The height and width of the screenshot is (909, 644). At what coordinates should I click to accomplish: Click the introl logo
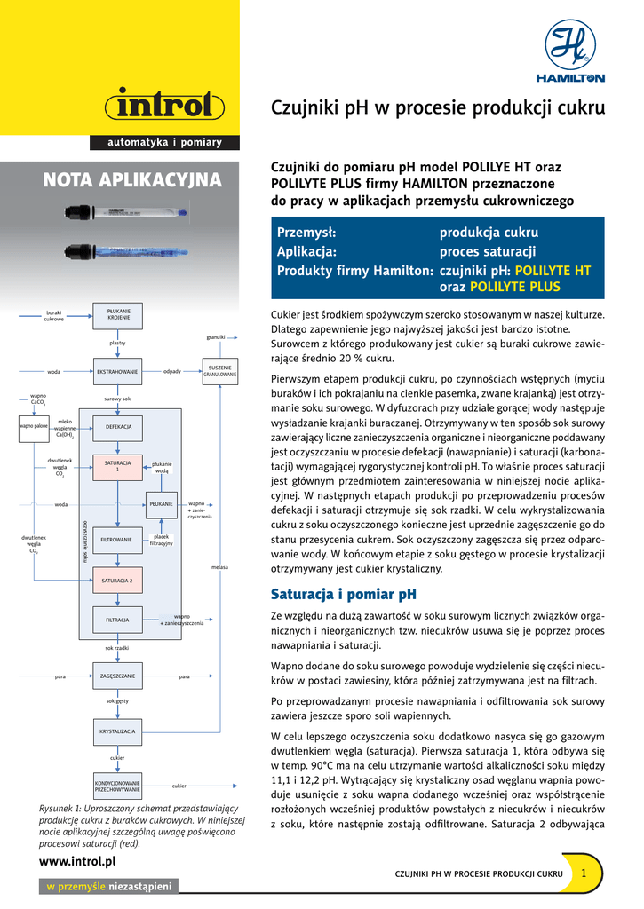(164, 107)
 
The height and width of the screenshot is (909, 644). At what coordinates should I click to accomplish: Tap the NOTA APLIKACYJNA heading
(132, 181)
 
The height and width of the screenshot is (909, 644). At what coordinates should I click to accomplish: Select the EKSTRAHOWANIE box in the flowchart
(117, 371)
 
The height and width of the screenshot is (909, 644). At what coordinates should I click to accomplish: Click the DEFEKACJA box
(118, 427)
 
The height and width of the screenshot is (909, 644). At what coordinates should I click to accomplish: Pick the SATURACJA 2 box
(117, 581)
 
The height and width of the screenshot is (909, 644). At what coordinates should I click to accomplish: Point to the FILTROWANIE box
(117, 539)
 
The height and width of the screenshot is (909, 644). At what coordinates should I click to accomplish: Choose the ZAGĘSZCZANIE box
(117, 676)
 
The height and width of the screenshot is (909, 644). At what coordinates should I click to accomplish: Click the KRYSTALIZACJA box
(117, 731)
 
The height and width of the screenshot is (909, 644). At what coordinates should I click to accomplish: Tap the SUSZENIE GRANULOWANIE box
(219, 371)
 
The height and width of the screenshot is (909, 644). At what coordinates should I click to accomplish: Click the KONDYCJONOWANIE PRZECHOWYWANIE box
(117, 786)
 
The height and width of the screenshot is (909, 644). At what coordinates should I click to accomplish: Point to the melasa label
(219, 565)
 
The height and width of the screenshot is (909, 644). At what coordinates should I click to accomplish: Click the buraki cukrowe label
(54, 315)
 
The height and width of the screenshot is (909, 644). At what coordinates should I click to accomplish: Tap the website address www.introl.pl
(78, 861)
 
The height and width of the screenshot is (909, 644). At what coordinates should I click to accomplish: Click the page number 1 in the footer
(584, 873)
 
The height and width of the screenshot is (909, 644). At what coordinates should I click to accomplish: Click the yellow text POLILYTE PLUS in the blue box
(514, 287)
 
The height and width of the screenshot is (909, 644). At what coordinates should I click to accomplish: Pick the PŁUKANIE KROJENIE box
(117, 315)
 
